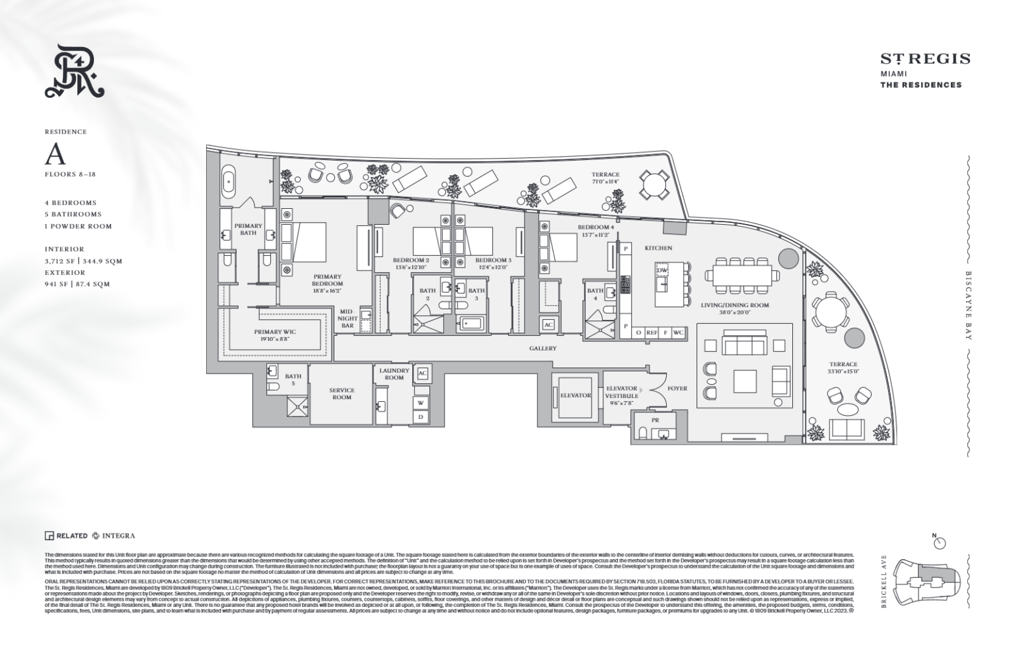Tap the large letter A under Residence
click(56, 155)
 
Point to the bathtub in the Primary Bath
click(229, 182)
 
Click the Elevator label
click(575, 395)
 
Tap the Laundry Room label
click(394, 374)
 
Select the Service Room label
click(342, 394)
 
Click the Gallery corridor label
click(543, 348)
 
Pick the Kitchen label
click(658, 248)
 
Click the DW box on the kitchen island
click(661, 271)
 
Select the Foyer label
click(677, 389)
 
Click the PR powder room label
click(655, 419)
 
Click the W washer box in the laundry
click(421, 402)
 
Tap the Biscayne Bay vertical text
click(969, 305)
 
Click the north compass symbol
click(940, 543)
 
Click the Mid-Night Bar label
click(348, 318)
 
